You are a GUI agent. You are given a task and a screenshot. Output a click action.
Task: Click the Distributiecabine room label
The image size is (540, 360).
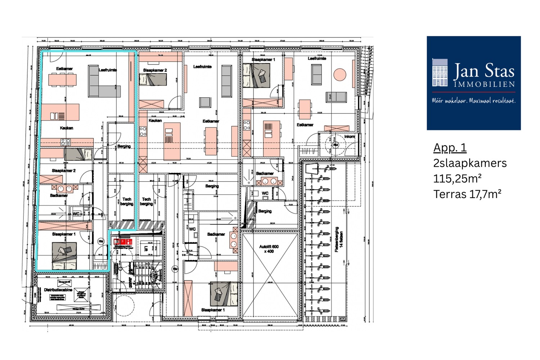pos(58,289)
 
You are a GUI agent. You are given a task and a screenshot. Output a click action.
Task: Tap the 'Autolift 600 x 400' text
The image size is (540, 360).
pos(269,249)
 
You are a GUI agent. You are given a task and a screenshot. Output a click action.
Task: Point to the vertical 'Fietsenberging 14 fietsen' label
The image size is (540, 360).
pos(338,239)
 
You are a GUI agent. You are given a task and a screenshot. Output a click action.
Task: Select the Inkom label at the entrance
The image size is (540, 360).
pos(349,136)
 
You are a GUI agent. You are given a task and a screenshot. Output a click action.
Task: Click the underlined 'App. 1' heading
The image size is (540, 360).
pos(450,148)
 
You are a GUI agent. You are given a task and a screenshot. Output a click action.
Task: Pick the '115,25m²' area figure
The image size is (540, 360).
pos(457,179)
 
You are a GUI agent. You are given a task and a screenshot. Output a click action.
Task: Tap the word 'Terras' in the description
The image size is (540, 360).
pos(450,194)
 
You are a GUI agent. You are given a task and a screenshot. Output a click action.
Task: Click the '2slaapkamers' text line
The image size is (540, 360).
pos(470,163)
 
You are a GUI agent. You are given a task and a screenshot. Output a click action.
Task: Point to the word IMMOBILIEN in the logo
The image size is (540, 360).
pos(484,85)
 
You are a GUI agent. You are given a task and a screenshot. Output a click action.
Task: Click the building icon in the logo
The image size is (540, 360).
pos(440,73)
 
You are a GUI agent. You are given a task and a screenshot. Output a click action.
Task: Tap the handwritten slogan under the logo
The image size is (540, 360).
pos(473,101)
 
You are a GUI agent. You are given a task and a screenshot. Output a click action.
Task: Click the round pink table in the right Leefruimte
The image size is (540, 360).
pos(339,75)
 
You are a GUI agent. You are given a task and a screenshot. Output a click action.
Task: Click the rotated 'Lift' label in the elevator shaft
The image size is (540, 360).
pos(146,248)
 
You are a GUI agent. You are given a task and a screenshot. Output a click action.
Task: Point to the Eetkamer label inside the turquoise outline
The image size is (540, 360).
pos(64,68)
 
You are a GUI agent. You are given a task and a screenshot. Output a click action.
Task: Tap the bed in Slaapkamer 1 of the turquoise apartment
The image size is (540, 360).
pos(64,256)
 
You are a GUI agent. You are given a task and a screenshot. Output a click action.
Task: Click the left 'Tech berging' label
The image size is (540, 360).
pos(127,201)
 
